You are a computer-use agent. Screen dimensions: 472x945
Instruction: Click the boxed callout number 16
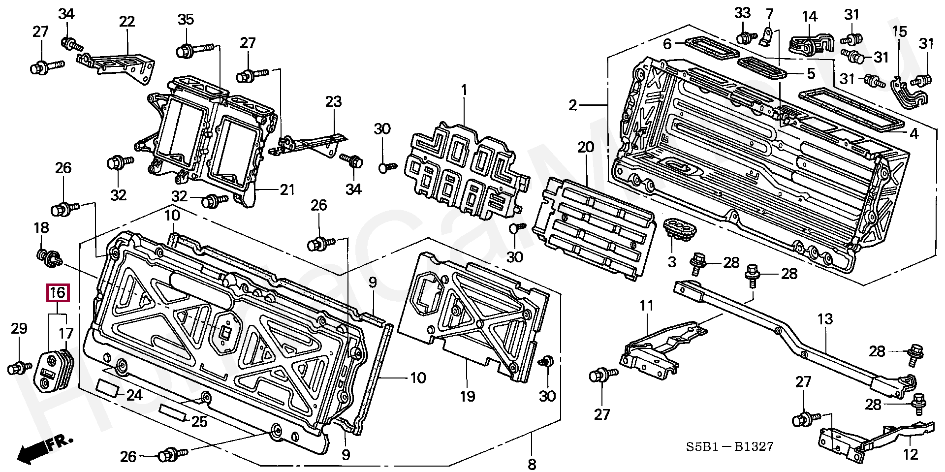58,293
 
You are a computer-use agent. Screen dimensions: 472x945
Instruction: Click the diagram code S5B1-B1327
730,446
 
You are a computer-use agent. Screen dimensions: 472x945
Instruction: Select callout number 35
186,20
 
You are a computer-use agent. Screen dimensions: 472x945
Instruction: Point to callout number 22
126,22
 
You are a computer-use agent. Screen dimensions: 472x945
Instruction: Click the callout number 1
463,91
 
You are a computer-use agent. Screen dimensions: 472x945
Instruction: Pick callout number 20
586,147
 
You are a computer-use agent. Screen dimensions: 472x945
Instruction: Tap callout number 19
467,395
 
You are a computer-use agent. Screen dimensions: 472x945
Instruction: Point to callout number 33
742,13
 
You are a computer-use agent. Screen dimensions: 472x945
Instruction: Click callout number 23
333,102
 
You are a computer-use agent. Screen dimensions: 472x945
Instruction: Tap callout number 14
810,17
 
